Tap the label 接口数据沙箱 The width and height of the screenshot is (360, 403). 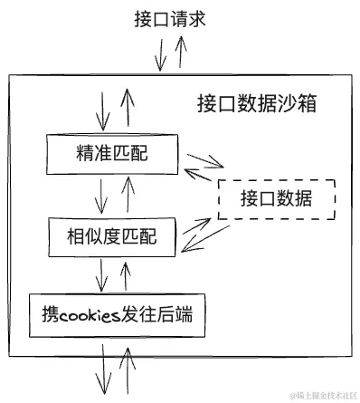pyautogui.click(x=256, y=103)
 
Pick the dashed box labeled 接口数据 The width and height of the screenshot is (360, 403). pyautogui.click(x=277, y=199)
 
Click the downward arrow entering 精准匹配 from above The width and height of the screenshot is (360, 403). pyautogui.click(x=101, y=114)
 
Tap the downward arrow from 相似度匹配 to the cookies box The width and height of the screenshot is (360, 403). pyautogui.click(x=101, y=273)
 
